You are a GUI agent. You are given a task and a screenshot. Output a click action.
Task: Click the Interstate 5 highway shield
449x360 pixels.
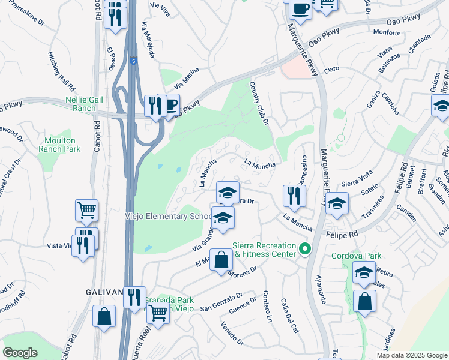pyautogui.click(x=133, y=61)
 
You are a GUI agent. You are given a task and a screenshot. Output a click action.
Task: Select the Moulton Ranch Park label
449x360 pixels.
pyautogui.click(x=59, y=144)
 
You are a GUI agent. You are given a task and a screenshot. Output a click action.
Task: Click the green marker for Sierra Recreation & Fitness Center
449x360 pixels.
pyautogui.click(x=305, y=248)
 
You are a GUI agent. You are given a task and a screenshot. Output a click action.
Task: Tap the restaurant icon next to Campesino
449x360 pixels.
pyautogui.click(x=294, y=196)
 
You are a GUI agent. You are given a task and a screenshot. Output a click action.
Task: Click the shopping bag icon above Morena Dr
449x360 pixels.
pyautogui.click(x=221, y=260)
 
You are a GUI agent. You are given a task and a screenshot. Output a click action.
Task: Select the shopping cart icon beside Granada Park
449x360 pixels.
pyautogui.click(x=158, y=313)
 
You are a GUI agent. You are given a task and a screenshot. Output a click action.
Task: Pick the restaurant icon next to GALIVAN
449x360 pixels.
pyautogui.click(x=134, y=297)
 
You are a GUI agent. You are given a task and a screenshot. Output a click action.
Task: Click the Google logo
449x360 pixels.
pyautogui.click(x=20, y=353)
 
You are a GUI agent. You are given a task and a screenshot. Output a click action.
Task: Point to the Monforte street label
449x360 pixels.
pyautogui.click(x=387, y=32)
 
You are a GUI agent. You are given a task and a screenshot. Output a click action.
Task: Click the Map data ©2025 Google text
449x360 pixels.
pyautogui.click(x=411, y=355)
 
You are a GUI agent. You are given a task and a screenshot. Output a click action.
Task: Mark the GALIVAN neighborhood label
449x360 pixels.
pyautogui.click(x=108, y=292)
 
